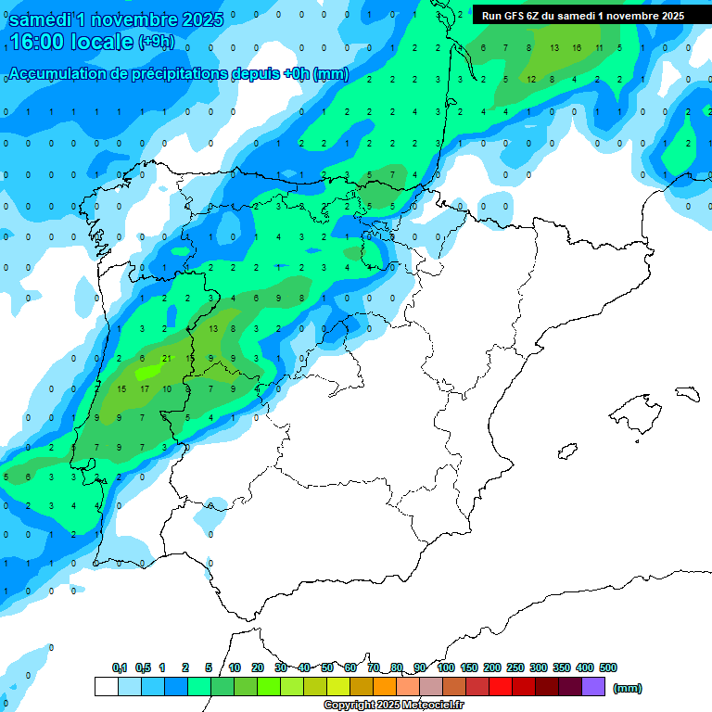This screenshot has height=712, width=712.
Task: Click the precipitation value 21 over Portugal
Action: click(166, 358)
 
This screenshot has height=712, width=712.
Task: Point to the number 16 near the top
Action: click(577, 47)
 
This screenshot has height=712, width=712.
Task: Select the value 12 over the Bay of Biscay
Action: click(531, 79)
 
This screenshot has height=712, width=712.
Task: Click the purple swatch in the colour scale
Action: click(593, 687)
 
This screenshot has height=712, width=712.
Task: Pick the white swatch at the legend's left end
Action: click(106, 687)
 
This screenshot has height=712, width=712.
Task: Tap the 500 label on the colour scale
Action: click(607, 667)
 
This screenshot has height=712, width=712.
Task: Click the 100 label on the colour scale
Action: click(445, 667)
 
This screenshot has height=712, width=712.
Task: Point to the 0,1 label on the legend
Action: click(120, 667)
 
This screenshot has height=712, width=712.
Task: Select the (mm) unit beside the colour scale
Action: click(628, 688)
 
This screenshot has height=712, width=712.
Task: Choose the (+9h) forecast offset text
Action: click(156, 42)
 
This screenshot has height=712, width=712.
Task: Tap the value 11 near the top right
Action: click(599, 47)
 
